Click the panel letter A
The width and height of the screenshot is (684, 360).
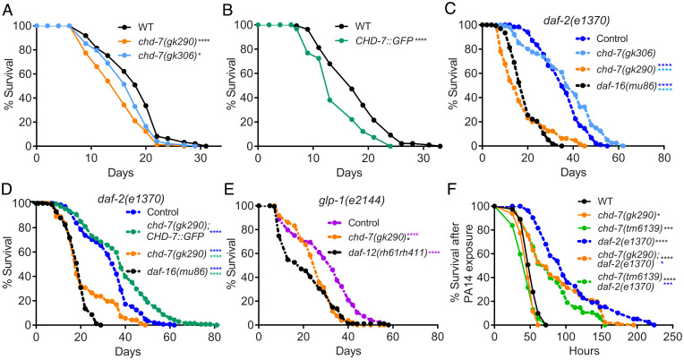click(x=8, y=8)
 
